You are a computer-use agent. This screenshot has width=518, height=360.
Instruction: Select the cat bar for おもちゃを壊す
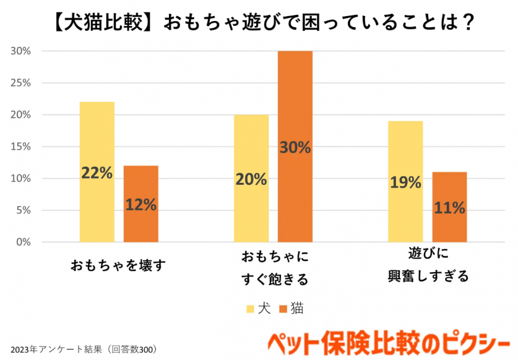140,179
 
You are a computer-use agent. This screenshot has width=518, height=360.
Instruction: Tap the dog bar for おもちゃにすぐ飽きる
251,148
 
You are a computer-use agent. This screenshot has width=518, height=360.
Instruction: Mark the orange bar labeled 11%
449,186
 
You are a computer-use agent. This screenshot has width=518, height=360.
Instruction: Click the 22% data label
97,173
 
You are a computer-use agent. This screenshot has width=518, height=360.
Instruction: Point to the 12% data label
140,205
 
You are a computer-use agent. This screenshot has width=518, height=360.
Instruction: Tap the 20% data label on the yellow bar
251,179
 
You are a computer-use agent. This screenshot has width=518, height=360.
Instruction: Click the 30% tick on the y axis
21,51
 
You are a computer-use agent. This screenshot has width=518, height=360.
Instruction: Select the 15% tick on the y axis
21,147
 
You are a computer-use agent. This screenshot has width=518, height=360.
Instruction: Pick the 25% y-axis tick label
21,83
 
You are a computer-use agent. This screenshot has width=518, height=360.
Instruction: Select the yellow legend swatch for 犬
251,308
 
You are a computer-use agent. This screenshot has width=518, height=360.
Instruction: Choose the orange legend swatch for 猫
284,308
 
